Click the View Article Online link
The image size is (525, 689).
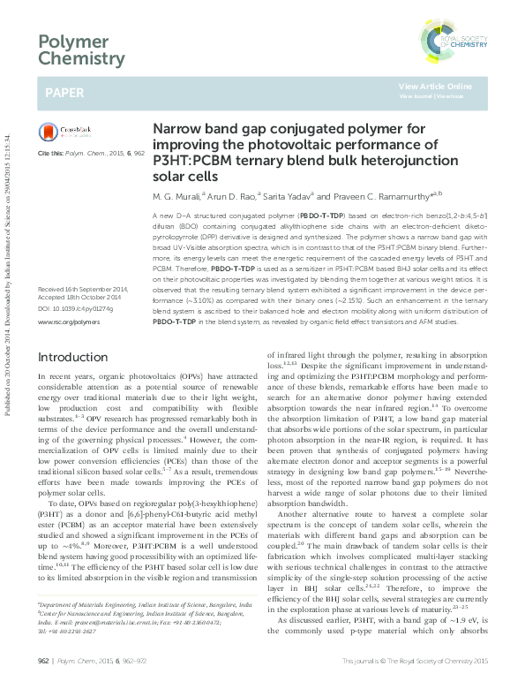click(435, 86)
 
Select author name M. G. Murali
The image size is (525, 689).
click(177, 195)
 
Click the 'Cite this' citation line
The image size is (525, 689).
click(90, 153)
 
